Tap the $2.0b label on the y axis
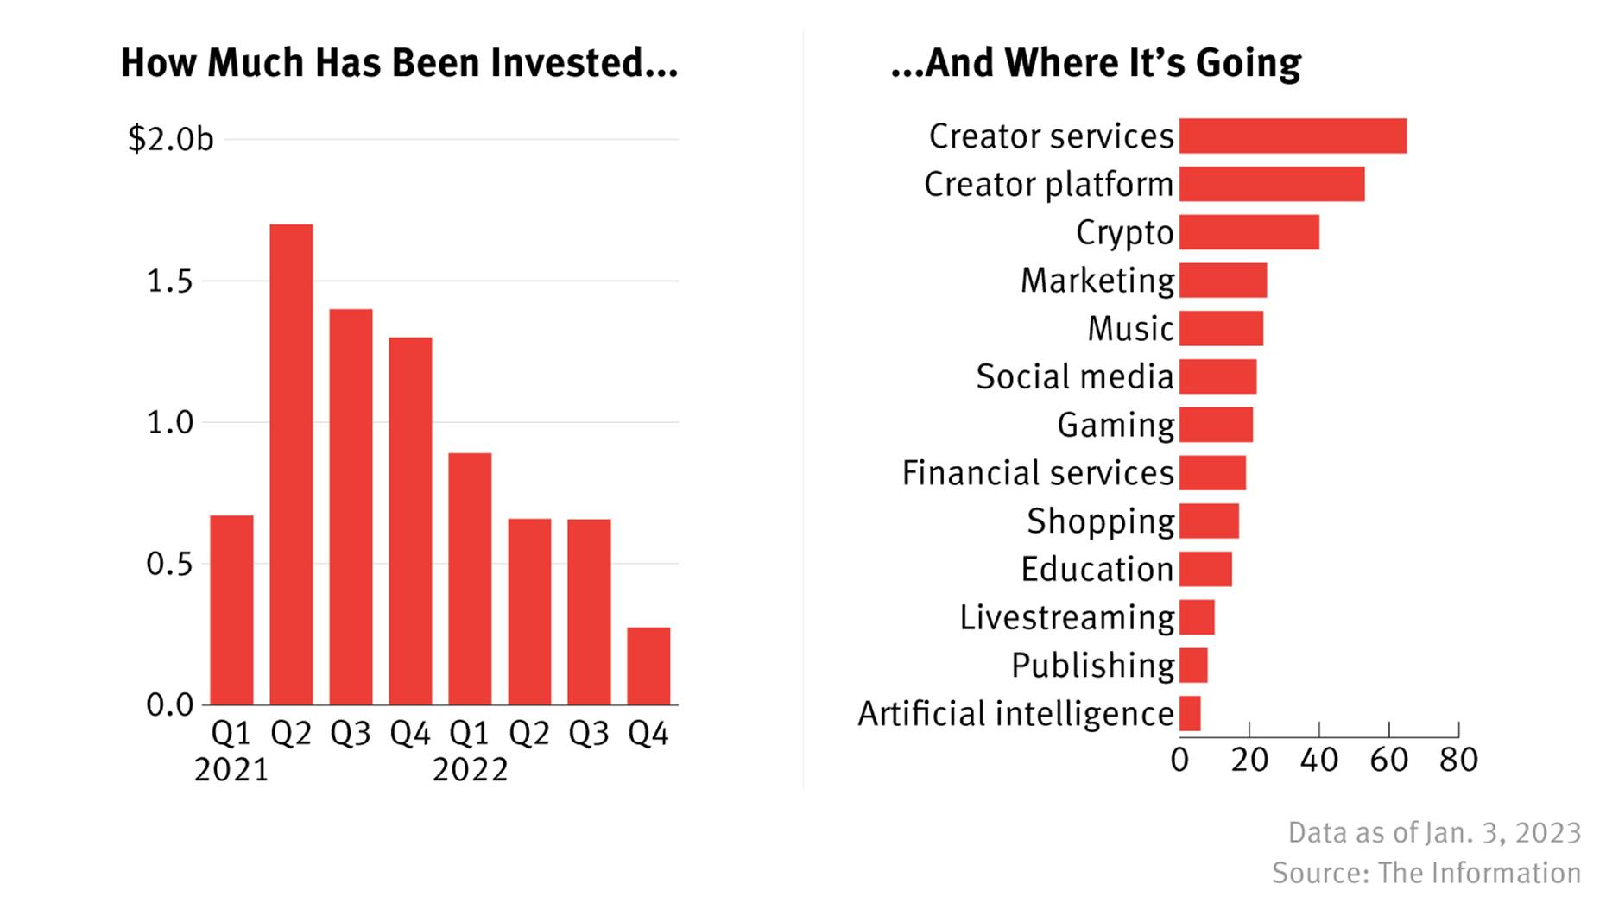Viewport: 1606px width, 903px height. [x=170, y=139]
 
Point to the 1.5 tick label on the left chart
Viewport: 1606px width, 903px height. [x=169, y=281]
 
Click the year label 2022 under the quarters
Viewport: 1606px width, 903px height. [x=470, y=769]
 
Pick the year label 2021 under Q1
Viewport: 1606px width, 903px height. [x=231, y=769]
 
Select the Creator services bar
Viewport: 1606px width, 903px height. [x=1293, y=136]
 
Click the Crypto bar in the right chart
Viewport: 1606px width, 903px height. [x=1249, y=232]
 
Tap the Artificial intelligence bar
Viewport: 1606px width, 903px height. [x=1190, y=714]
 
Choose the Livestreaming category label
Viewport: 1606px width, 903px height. [x=1066, y=617]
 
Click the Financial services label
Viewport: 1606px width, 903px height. [x=1037, y=473]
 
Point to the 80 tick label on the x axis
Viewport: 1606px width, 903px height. [x=1458, y=760]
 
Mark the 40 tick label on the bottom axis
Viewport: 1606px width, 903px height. [x=1318, y=760]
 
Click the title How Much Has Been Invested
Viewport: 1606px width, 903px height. [x=399, y=63]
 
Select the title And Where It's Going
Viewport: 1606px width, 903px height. [x=1096, y=63]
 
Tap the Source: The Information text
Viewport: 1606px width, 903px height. [x=1426, y=873]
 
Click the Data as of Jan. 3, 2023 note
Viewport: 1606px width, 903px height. [x=1434, y=832]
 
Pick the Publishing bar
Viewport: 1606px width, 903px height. [x=1193, y=666]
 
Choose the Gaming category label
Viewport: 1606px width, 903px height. [x=1115, y=425]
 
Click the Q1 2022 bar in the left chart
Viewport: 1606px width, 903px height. [x=470, y=578]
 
